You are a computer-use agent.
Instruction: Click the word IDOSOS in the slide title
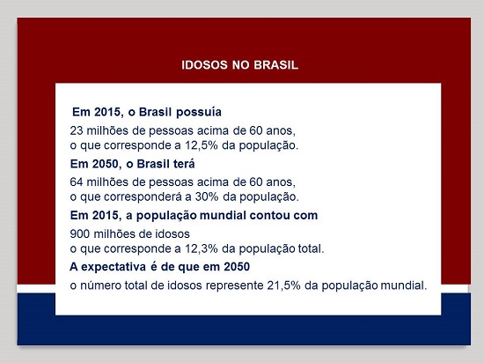click(204, 65)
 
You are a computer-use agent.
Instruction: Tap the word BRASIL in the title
click(276, 65)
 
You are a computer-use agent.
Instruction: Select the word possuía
click(199, 112)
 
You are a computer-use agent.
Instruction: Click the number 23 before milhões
click(77, 130)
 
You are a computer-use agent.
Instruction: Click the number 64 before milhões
click(77, 182)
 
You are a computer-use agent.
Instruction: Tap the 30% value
click(207, 196)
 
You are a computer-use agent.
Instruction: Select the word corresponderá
click(143, 197)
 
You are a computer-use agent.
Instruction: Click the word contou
click(270, 215)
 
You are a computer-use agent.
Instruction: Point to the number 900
click(79, 233)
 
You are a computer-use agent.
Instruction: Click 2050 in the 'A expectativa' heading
click(237, 267)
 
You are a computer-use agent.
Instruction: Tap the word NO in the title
click(240, 65)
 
